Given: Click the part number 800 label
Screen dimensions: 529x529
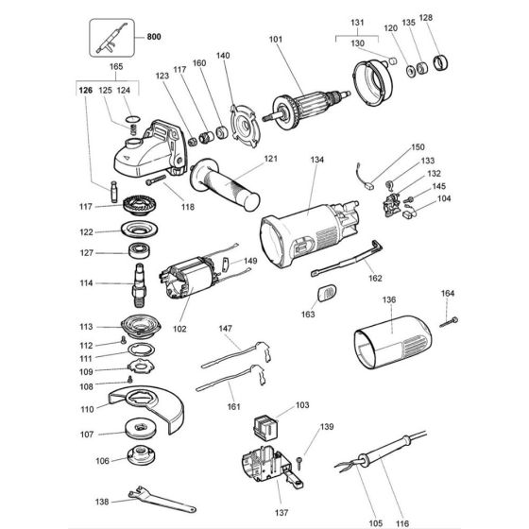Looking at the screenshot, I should (x=154, y=38).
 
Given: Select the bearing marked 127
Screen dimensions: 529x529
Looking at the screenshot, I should (x=141, y=253).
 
